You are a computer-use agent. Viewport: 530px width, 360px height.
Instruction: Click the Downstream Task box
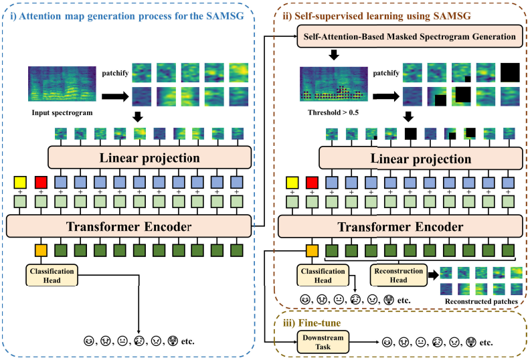323,343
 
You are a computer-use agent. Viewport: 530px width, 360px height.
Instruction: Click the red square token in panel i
41,182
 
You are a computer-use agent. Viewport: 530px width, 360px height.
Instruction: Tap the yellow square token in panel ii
292,182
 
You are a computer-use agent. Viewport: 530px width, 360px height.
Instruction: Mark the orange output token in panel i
41,252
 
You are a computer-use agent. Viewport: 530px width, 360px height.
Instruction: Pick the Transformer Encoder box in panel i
128,226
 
